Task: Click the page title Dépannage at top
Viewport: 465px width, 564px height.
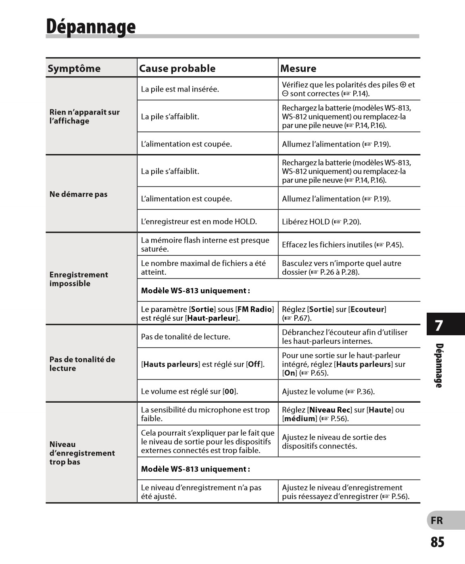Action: tap(91, 27)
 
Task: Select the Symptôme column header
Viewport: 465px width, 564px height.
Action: tap(74, 68)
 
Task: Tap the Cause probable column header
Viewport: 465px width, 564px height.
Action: tap(177, 68)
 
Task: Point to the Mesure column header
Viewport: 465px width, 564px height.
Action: tap(298, 68)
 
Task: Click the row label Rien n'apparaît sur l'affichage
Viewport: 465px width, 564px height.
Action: tap(84, 117)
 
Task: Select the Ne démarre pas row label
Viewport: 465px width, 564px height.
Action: tap(78, 194)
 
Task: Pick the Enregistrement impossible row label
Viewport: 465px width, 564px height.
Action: tap(79, 279)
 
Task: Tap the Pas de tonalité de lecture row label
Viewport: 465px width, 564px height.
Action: tap(82, 363)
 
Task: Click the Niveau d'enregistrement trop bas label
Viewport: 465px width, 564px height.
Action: tap(82, 453)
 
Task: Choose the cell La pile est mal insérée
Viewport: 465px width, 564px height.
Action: tap(180, 89)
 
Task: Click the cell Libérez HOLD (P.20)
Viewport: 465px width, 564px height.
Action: tap(321, 221)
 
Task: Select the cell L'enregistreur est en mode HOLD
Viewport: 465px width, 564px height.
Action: tap(199, 221)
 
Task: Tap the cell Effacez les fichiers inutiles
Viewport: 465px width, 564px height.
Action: tap(342, 244)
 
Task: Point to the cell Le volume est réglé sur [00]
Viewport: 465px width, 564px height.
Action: tap(189, 391)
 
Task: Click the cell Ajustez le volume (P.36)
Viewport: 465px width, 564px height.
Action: tap(328, 391)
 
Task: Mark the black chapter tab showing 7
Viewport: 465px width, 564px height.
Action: tap(445, 324)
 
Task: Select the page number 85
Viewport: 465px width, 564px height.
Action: tap(437, 542)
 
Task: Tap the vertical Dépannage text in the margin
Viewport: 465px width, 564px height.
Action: tap(439, 366)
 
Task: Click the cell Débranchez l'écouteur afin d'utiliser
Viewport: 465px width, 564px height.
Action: tap(344, 336)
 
